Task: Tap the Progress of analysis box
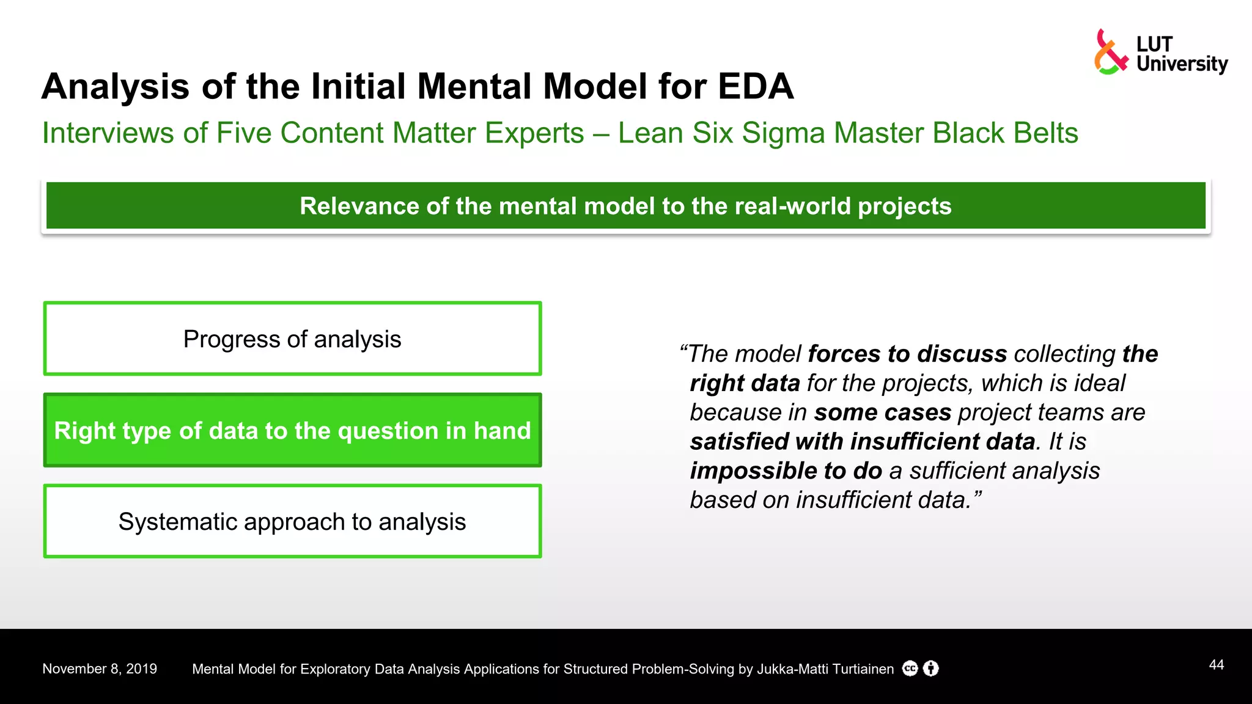click(292, 339)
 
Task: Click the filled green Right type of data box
click(292, 430)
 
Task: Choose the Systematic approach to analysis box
click(292, 521)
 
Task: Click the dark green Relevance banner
click(625, 206)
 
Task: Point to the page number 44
click(1216, 665)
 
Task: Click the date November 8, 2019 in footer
click(100, 669)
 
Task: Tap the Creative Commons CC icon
click(910, 669)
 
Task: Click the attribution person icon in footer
click(930, 669)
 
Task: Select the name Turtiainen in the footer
click(863, 669)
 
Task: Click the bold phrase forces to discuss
click(907, 354)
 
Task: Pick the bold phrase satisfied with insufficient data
click(862, 441)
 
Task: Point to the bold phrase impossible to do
click(786, 471)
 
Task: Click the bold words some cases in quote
click(882, 413)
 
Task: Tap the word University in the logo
click(1181, 64)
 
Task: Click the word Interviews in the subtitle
click(108, 133)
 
